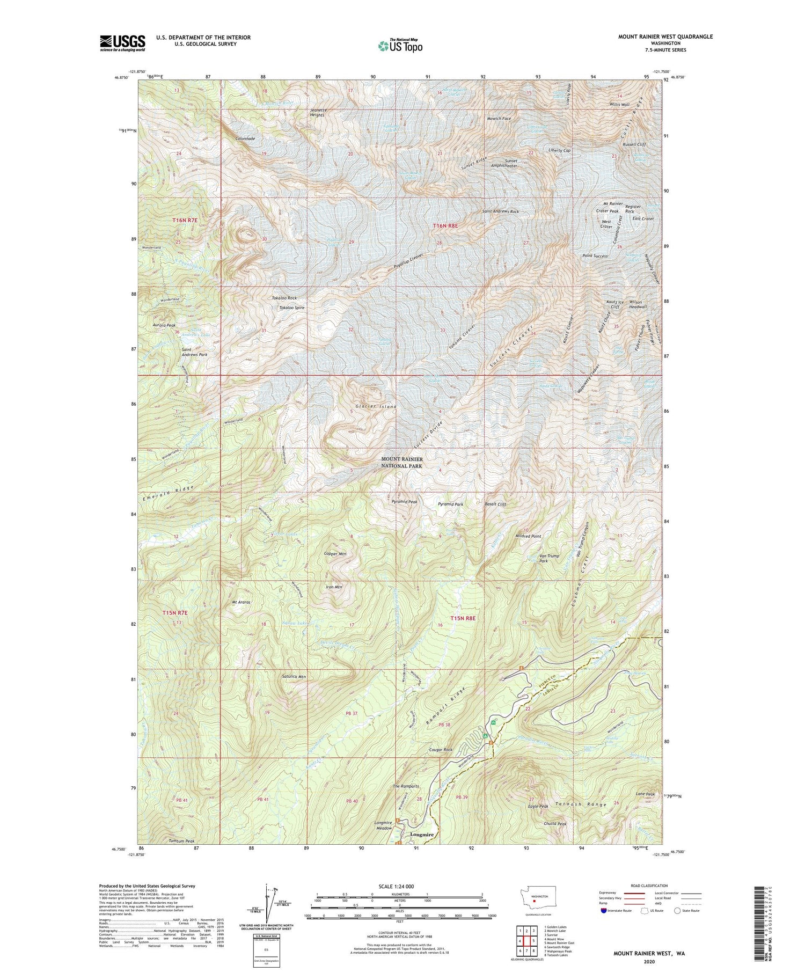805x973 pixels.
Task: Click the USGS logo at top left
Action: coord(122,43)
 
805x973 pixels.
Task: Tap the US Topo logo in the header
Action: coord(400,46)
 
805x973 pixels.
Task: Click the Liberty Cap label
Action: coord(559,151)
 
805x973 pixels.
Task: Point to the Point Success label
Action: coord(595,256)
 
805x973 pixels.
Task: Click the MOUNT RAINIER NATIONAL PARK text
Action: coord(402,463)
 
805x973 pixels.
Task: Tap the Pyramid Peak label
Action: coord(404,502)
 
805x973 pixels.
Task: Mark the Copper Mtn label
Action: coord(336,553)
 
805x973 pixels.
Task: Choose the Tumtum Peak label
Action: coord(181,841)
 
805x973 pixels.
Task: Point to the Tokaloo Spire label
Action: coord(292,308)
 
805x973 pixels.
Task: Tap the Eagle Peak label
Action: coord(538,806)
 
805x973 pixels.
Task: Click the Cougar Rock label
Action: coord(441,750)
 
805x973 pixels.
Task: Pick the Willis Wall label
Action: coord(619,105)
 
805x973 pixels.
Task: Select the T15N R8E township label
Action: coord(464,618)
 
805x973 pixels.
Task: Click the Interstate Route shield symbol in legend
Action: coord(604,911)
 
